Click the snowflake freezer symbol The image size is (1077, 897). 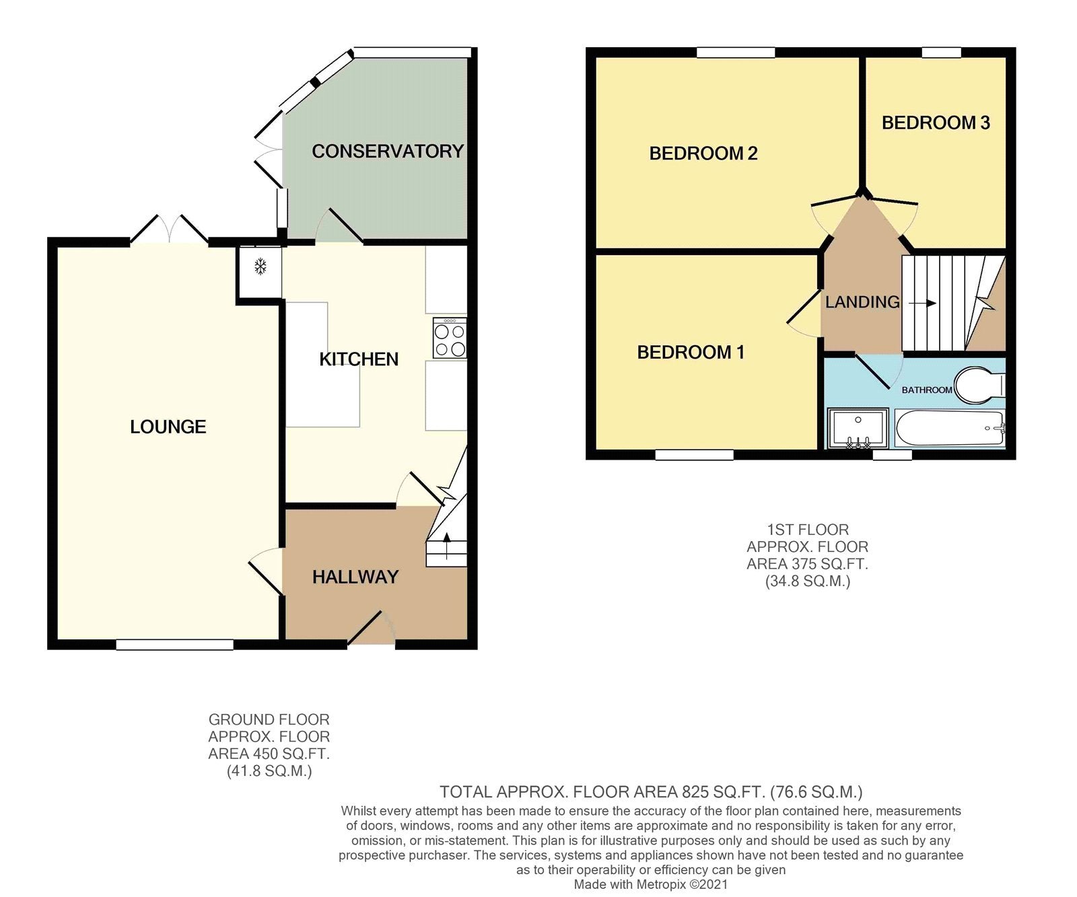[x=260, y=267]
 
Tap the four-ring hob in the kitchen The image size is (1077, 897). [x=450, y=338]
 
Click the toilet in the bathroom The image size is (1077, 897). [x=979, y=386]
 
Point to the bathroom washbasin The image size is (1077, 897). [x=858, y=428]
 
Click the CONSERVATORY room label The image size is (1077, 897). [x=388, y=151]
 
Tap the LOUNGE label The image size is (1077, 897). [x=168, y=427]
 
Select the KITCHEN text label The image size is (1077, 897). [x=359, y=359]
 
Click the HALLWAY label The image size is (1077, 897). [x=355, y=577]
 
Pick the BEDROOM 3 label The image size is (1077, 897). [x=936, y=122]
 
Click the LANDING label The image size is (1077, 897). [x=862, y=302]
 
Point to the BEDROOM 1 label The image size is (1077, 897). [x=691, y=352]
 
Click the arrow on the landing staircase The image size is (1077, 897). [x=922, y=303]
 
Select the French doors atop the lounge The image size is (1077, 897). [x=169, y=229]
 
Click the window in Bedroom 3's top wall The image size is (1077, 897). [x=941, y=52]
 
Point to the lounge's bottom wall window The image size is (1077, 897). [x=175, y=645]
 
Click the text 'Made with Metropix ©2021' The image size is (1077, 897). [x=651, y=885]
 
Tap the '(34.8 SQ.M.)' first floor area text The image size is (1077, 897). [x=808, y=581]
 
